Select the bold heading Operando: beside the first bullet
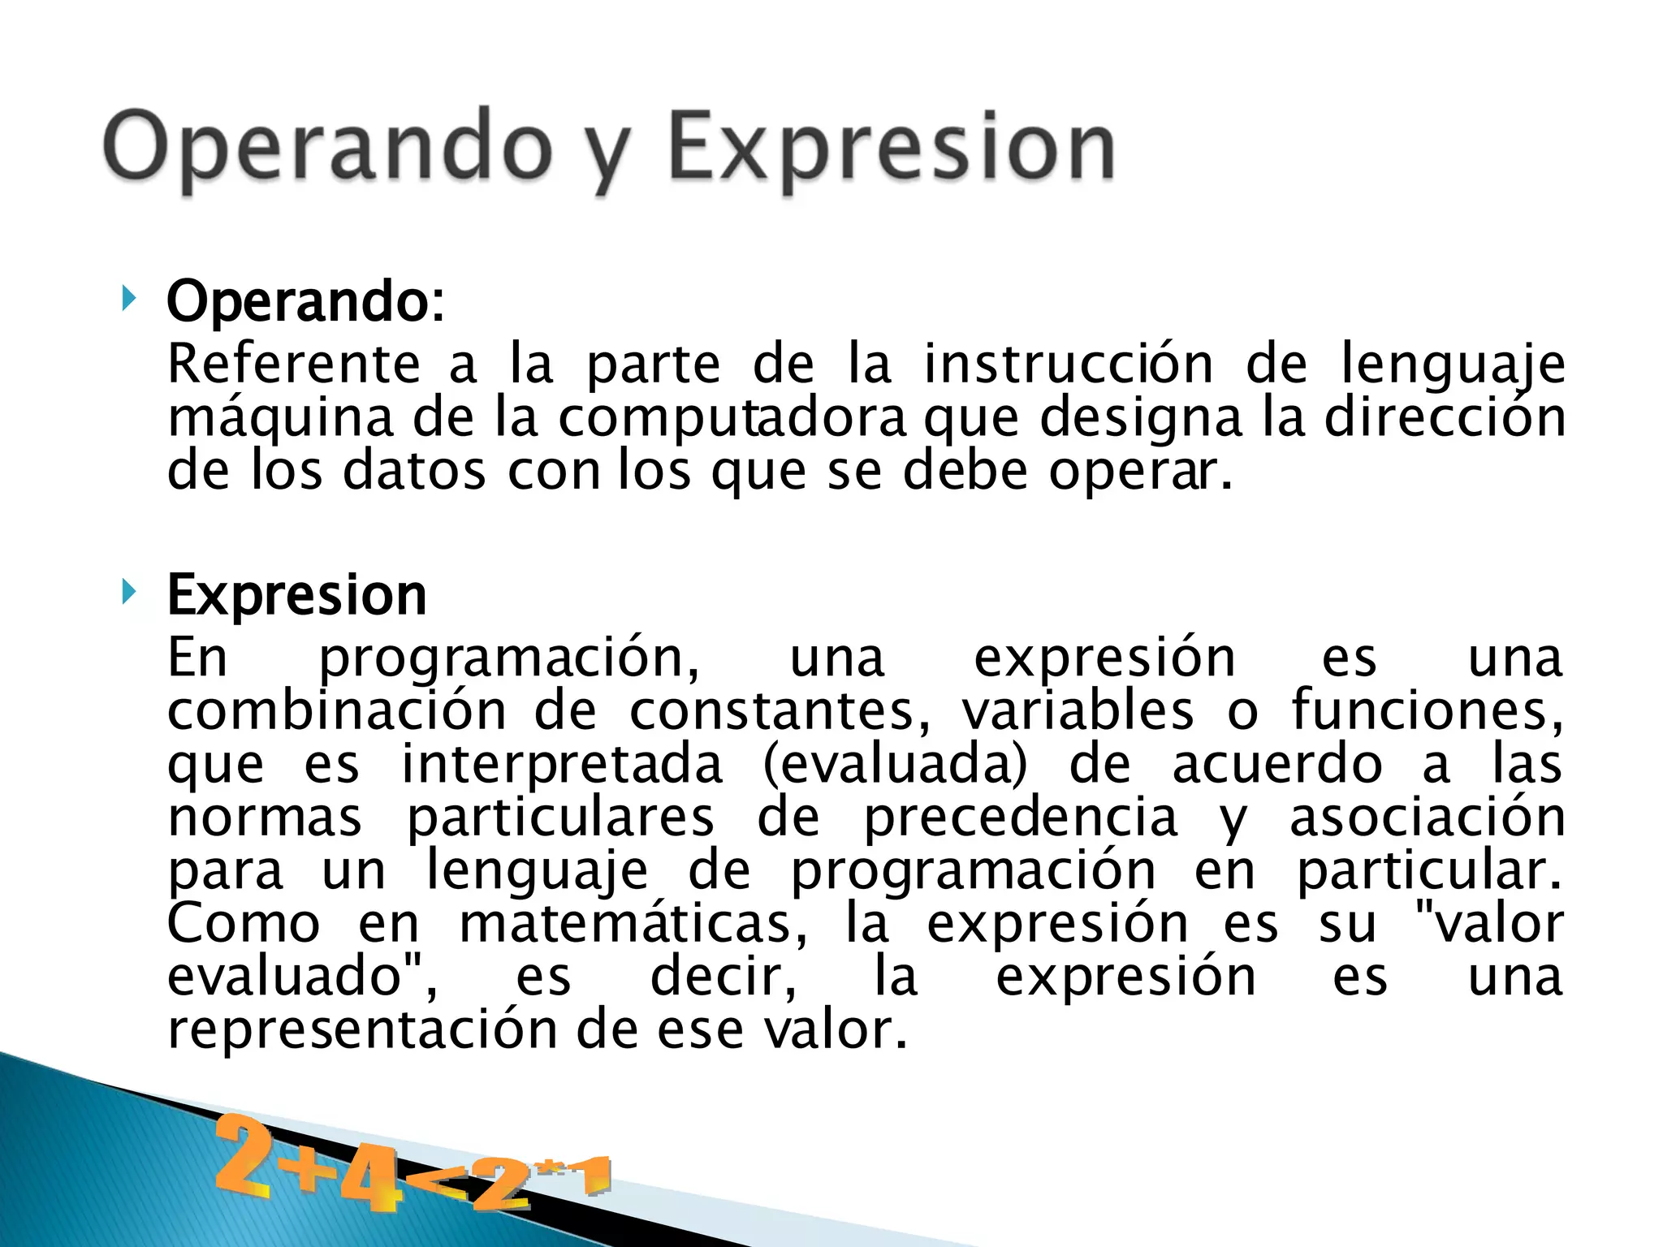[x=305, y=302]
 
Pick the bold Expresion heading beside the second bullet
[x=296, y=595]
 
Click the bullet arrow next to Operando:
[x=127, y=299]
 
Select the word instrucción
[x=1069, y=364]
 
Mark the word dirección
[x=1445, y=417]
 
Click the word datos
[x=414, y=471]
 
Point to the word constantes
[x=780, y=711]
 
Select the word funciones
[x=1428, y=711]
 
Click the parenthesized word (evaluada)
[x=896, y=765]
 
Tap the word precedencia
[x=1020, y=818]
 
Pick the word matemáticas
[x=633, y=924]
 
